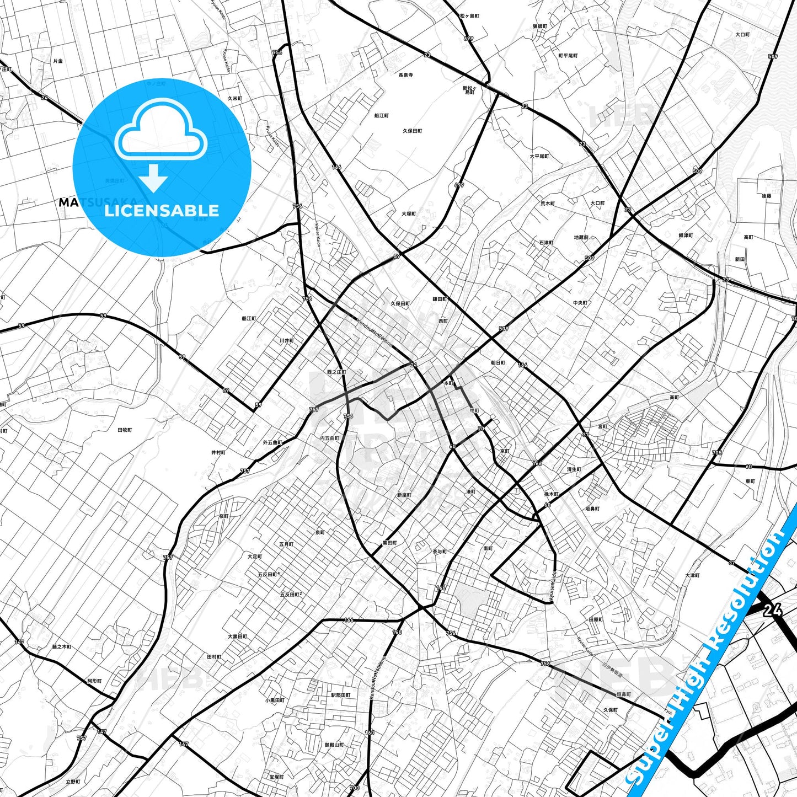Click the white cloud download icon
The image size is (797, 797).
(161, 130)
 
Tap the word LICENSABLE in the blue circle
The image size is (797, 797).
(162, 211)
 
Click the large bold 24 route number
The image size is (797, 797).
(773, 610)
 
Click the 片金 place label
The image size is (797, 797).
(57, 61)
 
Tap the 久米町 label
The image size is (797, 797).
(235, 98)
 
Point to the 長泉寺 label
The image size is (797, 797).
(405, 75)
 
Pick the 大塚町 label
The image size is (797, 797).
(409, 213)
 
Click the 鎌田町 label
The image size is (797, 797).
(440, 299)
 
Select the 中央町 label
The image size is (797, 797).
(580, 303)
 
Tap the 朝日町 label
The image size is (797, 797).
(498, 362)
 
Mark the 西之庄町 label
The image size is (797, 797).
(336, 372)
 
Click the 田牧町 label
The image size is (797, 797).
(125, 430)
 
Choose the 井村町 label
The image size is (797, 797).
(218, 452)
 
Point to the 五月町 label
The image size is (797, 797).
(286, 544)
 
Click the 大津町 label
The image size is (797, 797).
(692, 575)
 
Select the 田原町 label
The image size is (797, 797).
(596, 619)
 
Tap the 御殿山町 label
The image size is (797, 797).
(334, 745)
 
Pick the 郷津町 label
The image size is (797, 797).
(686, 235)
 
